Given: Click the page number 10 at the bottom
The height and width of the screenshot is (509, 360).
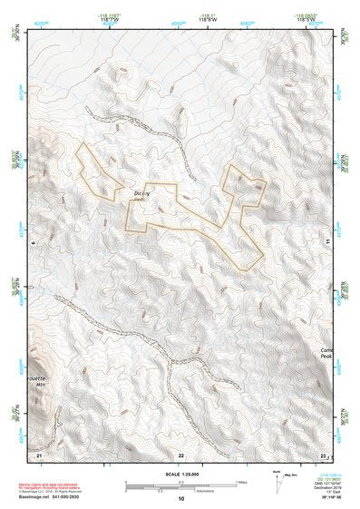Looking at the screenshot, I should [x=181, y=499].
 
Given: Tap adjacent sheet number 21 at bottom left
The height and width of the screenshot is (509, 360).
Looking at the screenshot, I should [x=38, y=453].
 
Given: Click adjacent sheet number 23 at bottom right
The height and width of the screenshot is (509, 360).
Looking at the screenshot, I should [x=323, y=453].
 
